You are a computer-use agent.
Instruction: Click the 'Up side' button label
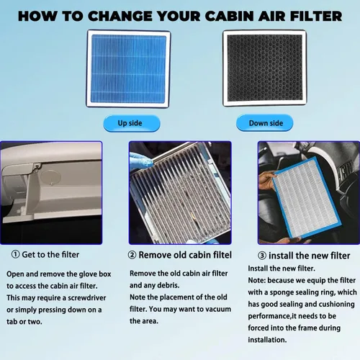(x=130, y=123)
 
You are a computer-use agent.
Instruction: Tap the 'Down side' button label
(x=266, y=123)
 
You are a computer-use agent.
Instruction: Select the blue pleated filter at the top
(x=128, y=68)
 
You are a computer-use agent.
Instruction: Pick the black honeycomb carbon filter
(x=265, y=68)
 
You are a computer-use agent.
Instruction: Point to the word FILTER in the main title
(x=316, y=17)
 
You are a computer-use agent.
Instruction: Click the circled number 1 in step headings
(x=16, y=254)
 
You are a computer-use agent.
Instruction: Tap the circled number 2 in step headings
(x=132, y=255)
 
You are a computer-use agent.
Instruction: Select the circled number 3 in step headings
(x=262, y=256)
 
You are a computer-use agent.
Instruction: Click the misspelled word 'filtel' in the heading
(x=220, y=255)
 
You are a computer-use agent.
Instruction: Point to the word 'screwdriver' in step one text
(x=87, y=298)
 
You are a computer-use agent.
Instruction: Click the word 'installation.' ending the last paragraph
(x=267, y=340)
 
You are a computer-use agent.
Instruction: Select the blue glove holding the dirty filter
(x=140, y=161)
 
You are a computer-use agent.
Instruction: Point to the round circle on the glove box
(x=50, y=177)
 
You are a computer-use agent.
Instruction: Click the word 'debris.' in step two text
(x=166, y=285)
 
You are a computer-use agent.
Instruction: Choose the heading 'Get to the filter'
(x=50, y=254)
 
